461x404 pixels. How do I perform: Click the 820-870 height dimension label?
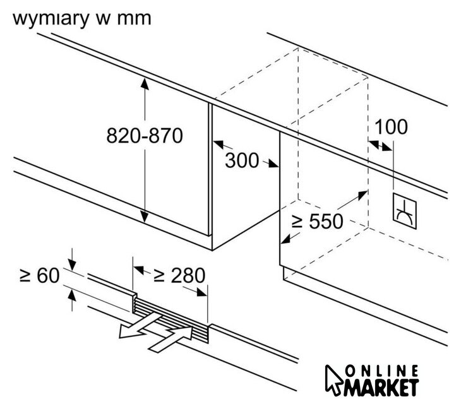144,135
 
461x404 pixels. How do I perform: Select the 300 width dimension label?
242,161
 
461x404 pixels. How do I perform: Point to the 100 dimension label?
392,127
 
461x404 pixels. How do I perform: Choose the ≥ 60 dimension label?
39,275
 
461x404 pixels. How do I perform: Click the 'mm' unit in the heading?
134,18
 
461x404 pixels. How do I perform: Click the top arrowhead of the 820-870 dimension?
145,82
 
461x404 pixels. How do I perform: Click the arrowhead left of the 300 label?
218,146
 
